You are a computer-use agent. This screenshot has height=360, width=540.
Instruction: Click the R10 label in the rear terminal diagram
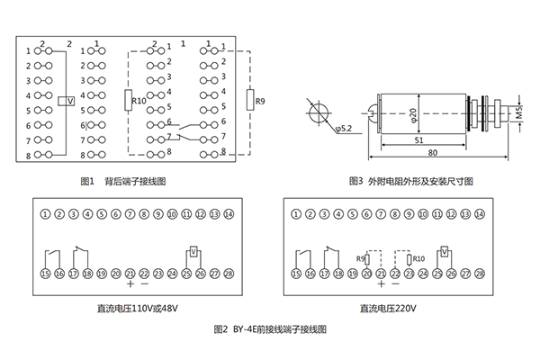tap(139, 101)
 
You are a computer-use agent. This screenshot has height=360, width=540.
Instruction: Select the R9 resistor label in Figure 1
tap(260, 102)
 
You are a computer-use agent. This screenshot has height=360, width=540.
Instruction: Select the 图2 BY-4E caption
tap(270, 329)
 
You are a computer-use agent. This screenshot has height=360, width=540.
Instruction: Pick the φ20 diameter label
tap(413, 114)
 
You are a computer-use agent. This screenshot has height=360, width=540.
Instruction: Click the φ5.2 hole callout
tap(343, 129)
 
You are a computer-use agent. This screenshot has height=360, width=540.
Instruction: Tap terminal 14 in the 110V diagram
tap(228, 213)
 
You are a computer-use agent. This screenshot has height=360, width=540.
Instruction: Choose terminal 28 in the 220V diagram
tap(480, 272)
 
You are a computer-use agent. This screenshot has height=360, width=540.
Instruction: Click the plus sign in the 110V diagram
tap(130, 284)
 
